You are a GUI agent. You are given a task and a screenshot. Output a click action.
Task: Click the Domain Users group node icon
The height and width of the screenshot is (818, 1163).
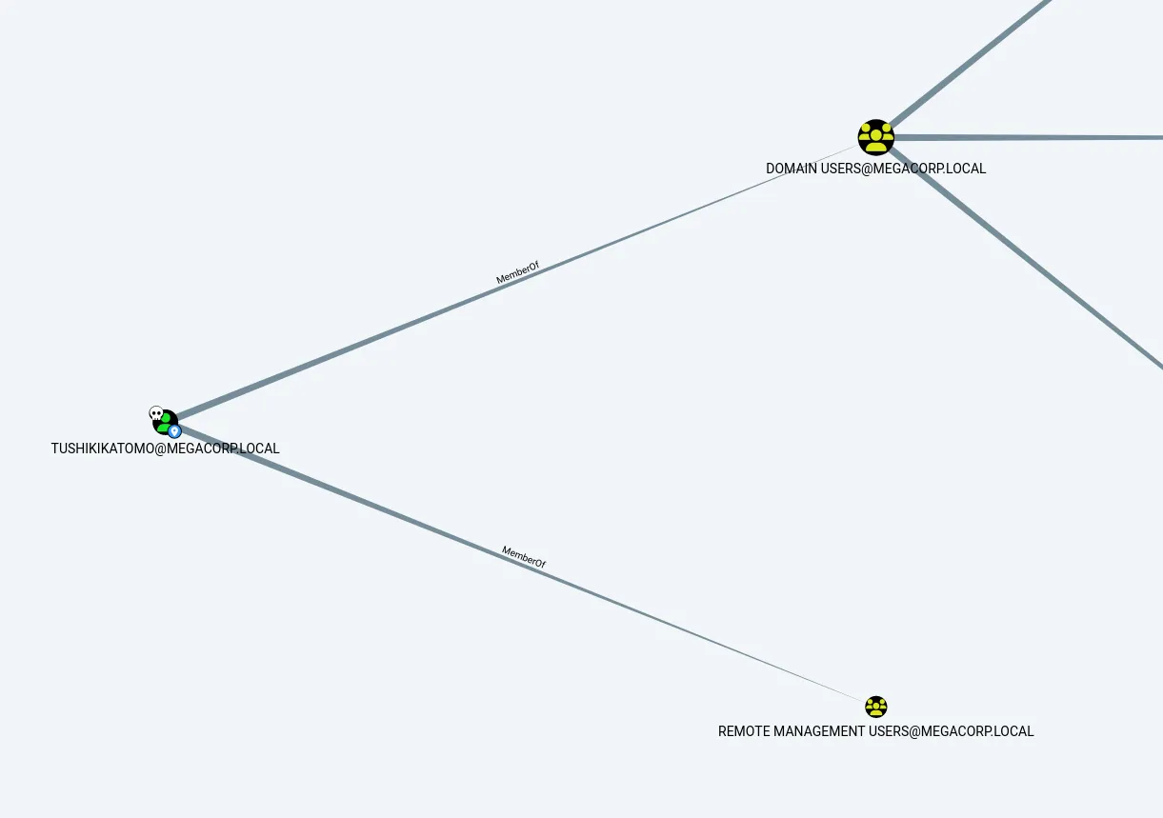pyautogui.click(x=876, y=137)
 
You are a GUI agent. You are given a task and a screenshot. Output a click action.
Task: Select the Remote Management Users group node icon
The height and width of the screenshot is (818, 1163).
pyautogui.click(x=876, y=707)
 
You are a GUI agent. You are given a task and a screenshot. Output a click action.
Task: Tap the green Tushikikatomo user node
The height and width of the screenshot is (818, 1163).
pyautogui.click(x=166, y=423)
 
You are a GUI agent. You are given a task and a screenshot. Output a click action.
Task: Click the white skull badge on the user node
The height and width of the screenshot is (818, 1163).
pyautogui.click(x=156, y=413)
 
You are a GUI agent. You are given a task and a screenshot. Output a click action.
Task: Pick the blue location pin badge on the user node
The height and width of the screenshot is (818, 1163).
pyautogui.click(x=174, y=431)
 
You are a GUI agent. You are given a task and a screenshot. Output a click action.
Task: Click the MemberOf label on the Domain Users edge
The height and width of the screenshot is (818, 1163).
pyautogui.click(x=517, y=272)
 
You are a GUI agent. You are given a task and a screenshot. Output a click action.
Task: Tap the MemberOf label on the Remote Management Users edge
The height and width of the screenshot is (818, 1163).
pyautogui.click(x=523, y=557)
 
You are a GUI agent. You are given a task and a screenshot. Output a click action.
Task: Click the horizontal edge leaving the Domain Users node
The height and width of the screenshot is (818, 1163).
pyautogui.click(x=1029, y=137)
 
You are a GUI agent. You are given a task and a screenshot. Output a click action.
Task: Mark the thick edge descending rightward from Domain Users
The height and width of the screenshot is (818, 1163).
pyautogui.click(x=1026, y=257)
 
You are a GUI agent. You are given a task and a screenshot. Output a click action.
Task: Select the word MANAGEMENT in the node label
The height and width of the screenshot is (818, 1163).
pyautogui.click(x=819, y=731)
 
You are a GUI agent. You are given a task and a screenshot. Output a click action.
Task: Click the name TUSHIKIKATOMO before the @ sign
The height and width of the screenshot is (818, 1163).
pyautogui.click(x=102, y=449)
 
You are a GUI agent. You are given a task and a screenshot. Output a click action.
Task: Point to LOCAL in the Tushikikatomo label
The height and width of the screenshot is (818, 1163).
pyautogui.click(x=259, y=449)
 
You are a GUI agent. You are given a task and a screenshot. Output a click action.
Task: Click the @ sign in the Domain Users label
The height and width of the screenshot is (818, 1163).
pyautogui.click(x=867, y=169)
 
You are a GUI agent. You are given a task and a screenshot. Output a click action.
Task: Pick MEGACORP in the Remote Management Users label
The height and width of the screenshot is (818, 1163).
pyautogui.click(x=954, y=731)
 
